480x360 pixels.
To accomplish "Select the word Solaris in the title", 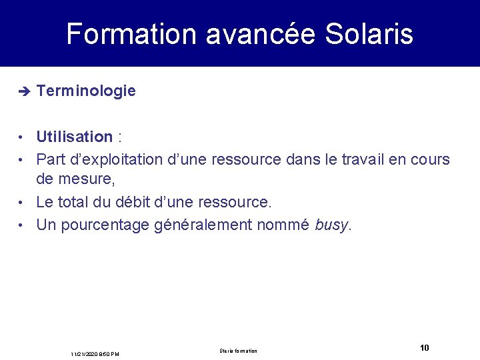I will pyautogui.click(x=369, y=35).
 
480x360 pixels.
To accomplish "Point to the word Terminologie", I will pyautogui.click(x=86, y=91).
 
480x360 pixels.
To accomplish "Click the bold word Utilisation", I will pyautogui.click(x=74, y=137).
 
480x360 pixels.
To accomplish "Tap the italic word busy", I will pyautogui.click(x=331, y=225).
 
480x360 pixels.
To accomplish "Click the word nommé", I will pyautogui.click(x=285, y=225).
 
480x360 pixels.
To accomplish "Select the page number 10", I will pyautogui.click(x=425, y=347).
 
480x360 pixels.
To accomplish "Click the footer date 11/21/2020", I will pyautogui.click(x=85, y=353).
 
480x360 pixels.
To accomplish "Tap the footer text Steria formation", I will pyautogui.click(x=238, y=351).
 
